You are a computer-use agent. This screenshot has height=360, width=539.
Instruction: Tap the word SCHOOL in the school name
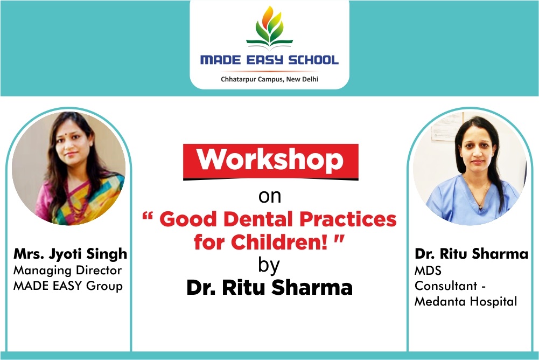313,60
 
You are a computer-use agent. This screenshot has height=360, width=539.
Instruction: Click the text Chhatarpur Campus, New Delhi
269,79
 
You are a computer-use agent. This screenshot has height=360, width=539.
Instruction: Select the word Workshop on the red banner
270,160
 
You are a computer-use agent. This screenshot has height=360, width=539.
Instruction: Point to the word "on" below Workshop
270,197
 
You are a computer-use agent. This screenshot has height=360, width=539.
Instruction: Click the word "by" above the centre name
269,265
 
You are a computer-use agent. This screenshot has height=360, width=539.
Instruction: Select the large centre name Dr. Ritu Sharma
269,287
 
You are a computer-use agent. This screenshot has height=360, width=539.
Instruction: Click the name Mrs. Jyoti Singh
70,254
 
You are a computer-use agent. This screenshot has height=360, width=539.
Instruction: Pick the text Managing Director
67,271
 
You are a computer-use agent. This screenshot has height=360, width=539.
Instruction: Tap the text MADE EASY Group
68,286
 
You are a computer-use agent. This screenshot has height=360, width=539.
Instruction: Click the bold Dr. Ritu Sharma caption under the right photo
471,254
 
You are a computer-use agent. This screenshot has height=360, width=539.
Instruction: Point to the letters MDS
428,271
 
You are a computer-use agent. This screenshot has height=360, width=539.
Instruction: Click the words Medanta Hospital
466,301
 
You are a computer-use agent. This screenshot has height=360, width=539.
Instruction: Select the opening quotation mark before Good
147,216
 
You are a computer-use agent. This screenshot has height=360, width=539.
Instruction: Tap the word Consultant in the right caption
446,286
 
